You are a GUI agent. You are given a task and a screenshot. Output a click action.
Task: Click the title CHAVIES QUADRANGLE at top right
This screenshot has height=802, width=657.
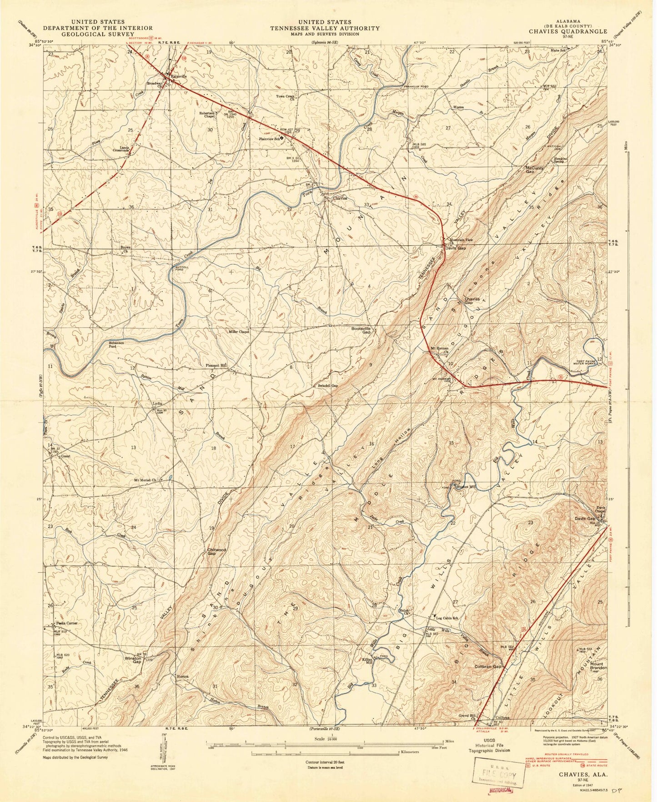point(573,31)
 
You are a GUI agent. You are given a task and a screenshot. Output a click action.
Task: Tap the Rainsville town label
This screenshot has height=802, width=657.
point(179,76)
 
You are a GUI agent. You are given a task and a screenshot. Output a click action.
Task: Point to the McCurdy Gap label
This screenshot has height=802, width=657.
point(535,169)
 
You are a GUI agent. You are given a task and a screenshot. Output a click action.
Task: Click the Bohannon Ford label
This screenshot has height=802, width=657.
point(107,344)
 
